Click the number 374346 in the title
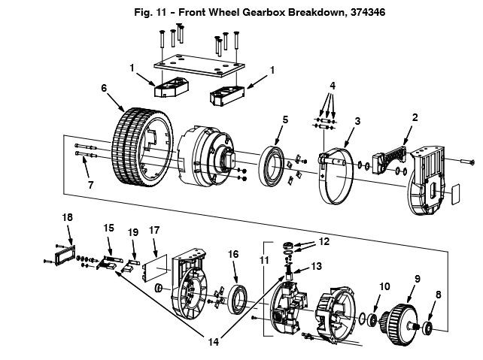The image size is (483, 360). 367,12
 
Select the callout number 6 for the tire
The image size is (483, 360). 104,88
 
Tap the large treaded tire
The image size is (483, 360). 142,147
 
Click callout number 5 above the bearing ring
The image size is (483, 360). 285,119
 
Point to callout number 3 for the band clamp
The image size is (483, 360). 357,121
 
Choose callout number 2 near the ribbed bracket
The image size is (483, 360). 415,117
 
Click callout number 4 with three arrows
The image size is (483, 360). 333,86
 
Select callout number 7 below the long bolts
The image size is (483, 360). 90,185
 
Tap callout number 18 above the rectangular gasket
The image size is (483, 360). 68,217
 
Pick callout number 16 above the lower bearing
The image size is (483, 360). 233,254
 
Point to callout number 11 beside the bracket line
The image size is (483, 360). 264,260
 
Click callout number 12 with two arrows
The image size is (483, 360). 324,241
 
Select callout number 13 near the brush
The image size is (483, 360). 316,266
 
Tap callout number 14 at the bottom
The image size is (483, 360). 214,342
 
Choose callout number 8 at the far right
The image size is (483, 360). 439,295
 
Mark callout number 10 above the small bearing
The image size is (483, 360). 384,286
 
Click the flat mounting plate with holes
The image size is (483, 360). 199,65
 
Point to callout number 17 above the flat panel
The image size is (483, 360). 154,230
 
